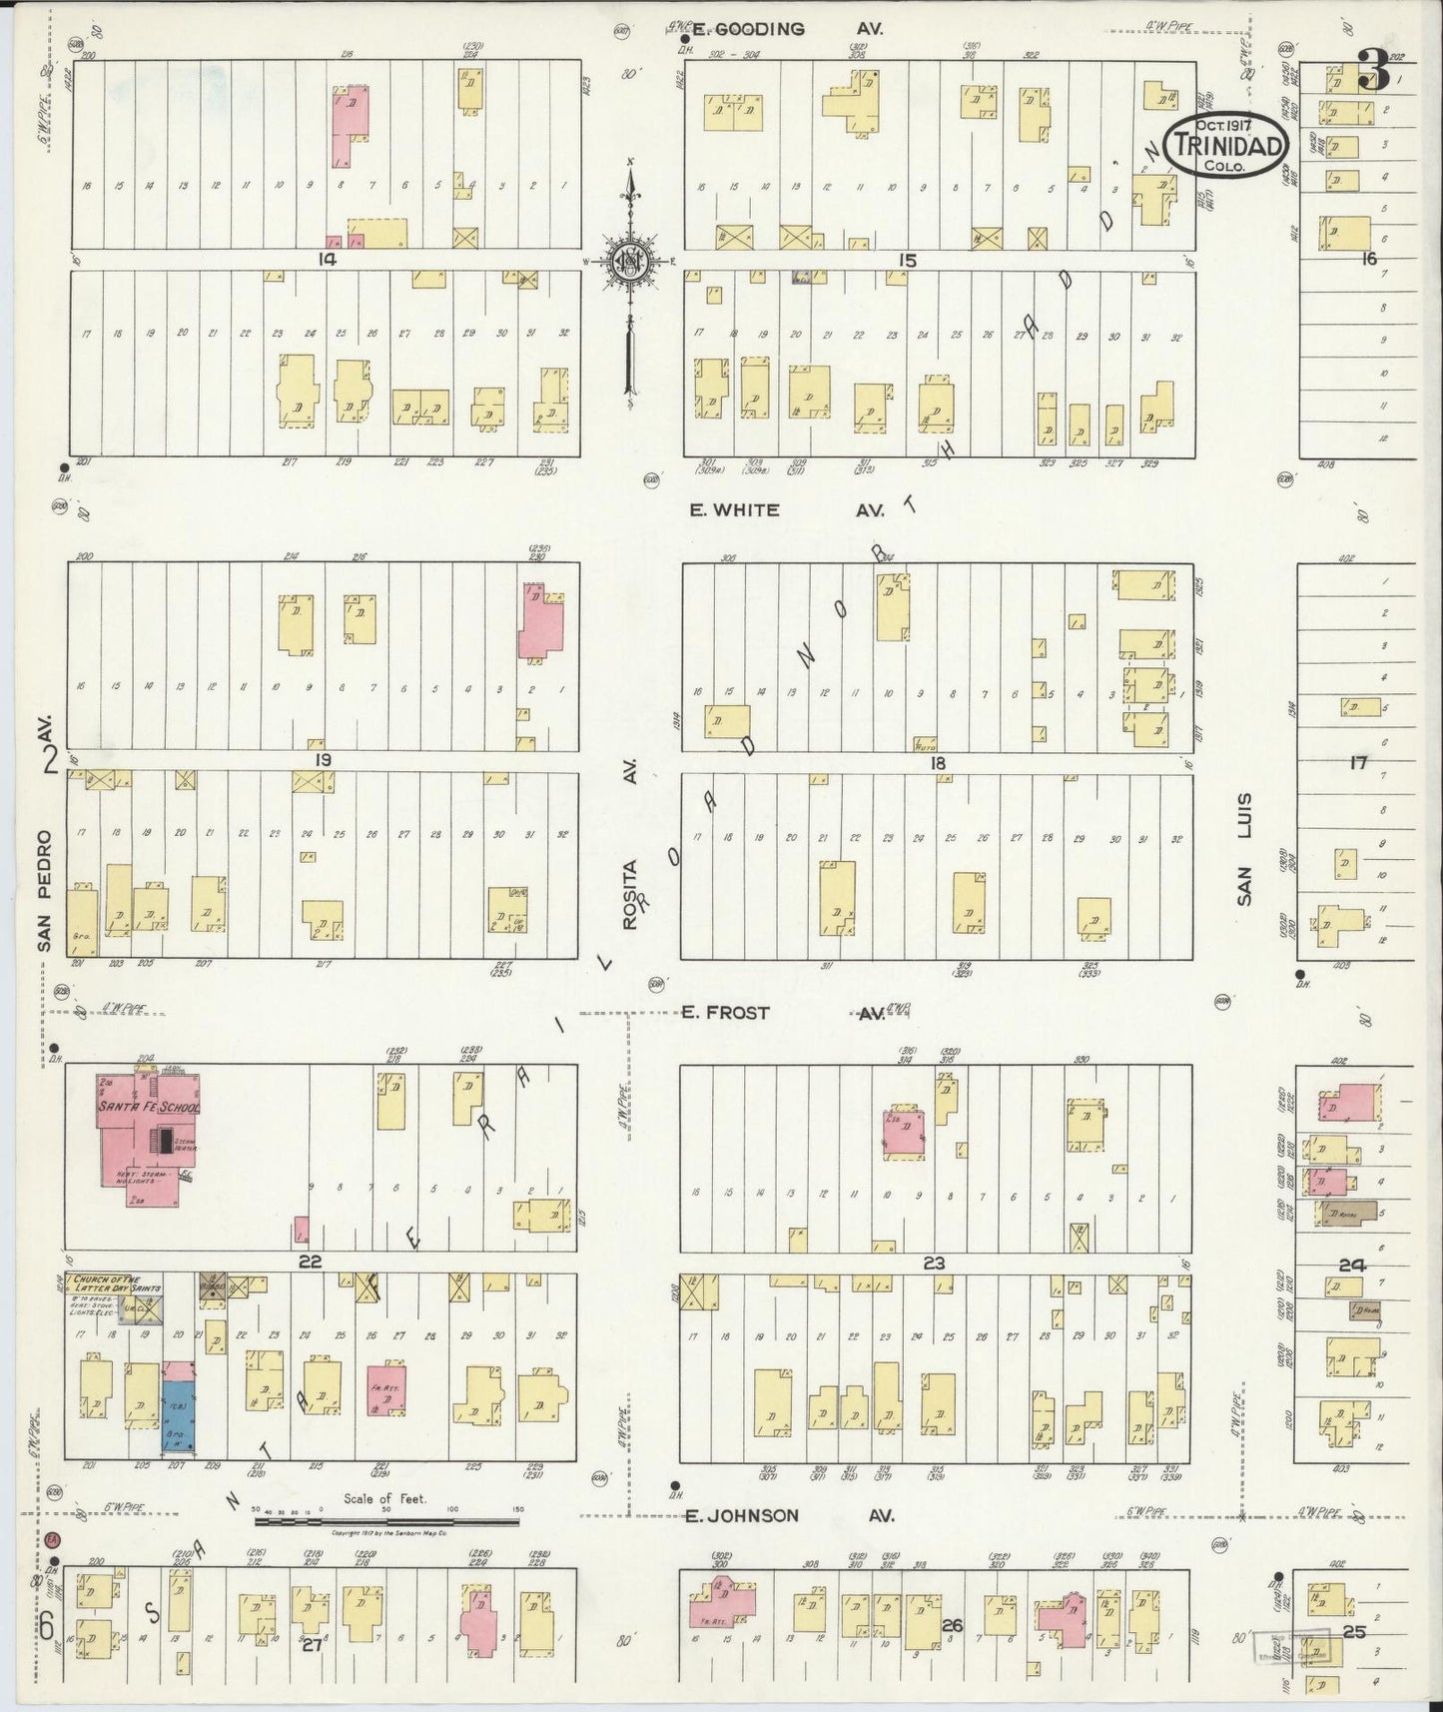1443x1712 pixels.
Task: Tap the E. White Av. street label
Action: point(786,509)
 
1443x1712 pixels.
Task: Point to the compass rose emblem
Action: point(631,263)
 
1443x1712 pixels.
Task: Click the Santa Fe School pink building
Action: point(150,1129)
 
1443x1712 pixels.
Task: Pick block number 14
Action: point(326,260)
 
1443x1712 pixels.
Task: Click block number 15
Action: point(906,260)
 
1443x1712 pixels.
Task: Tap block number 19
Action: point(322,761)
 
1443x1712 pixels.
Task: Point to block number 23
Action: point(933,1264)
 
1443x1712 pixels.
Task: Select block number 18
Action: point(937,763)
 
